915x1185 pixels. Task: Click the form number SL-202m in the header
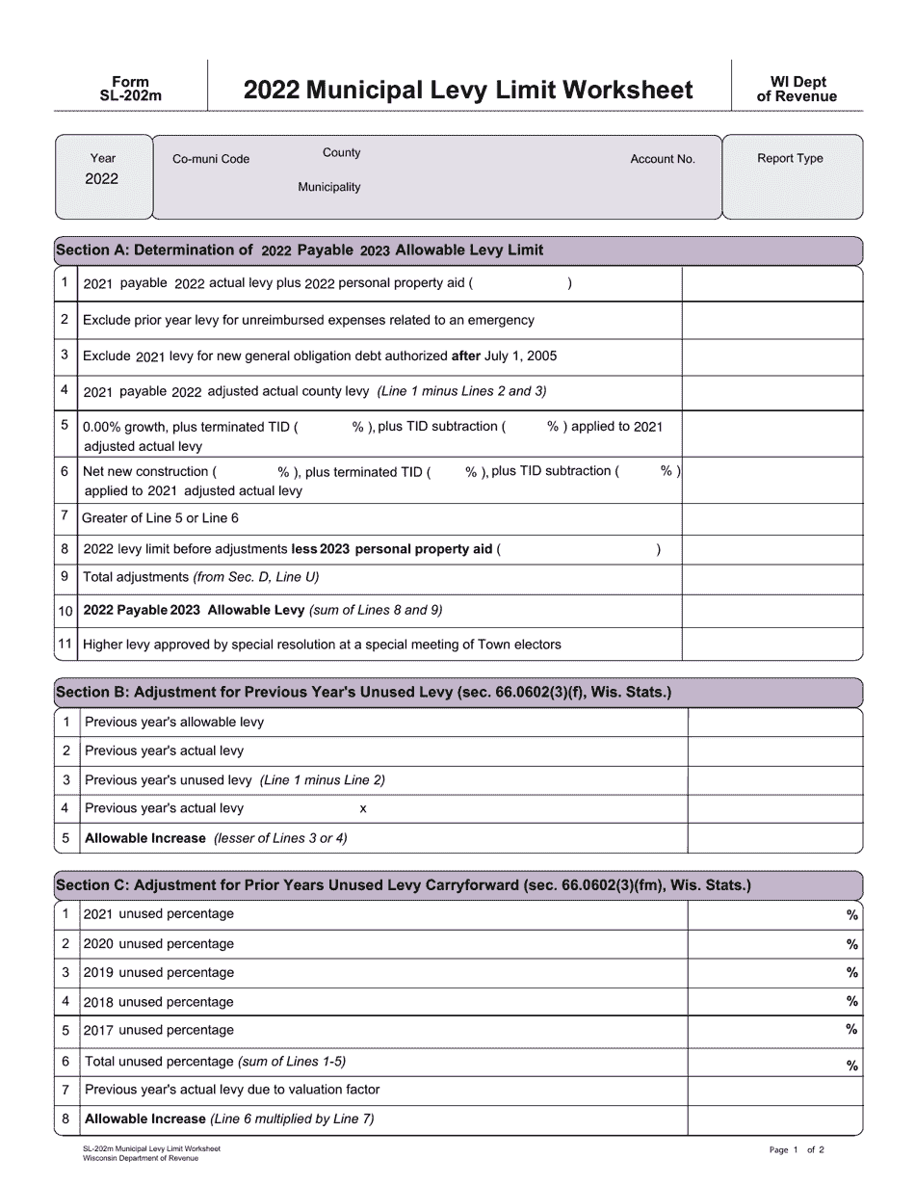point(130,95)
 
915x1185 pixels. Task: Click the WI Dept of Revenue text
point(797,90)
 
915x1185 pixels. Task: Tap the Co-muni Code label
point(211,159)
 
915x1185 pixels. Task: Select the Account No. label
point(663,159)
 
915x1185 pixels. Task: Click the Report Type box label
point(790,158)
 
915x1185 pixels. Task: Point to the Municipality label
point(328,187)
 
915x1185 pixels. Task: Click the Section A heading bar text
point(300,250)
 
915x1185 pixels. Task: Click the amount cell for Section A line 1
point(771,284)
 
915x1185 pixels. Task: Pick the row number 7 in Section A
point(65,516)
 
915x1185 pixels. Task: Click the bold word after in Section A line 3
point(466,355)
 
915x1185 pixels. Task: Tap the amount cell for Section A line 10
point(771,611)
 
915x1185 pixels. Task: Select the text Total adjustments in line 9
point(136,577)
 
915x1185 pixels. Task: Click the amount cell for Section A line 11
point(771,645)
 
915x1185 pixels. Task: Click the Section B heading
point(364,693)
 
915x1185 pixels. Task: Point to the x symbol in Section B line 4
point(363,809)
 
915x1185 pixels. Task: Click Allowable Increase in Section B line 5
point(145,838)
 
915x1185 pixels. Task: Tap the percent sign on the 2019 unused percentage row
point(851,973)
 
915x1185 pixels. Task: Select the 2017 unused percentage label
point(159,1030)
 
